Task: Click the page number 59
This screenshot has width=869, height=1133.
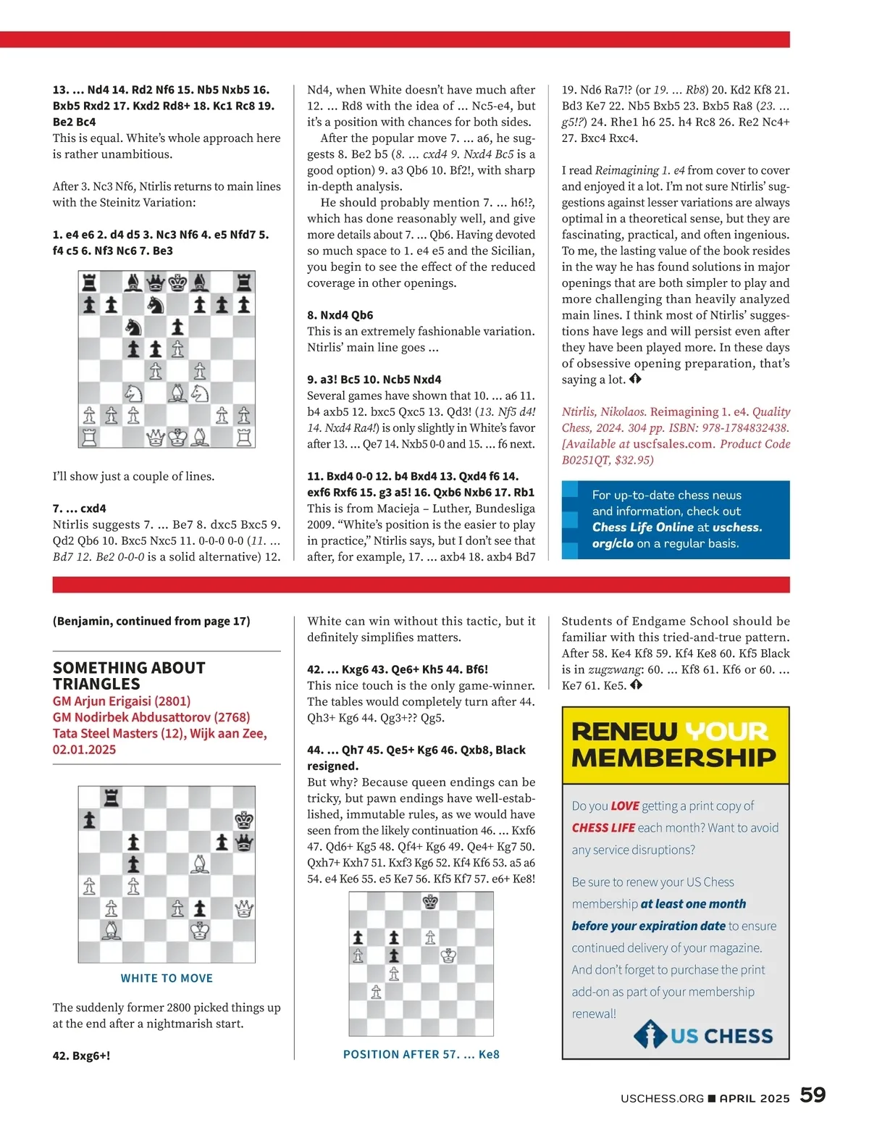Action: [x=813, y=1095]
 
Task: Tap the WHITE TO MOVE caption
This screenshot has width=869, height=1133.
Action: [x=167, y=978]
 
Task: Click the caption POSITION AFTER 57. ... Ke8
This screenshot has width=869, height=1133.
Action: [x=421, y=1054]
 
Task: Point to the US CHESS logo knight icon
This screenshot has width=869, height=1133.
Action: [x=650, y=1035]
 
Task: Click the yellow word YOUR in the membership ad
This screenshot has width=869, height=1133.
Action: [x=726, y=731]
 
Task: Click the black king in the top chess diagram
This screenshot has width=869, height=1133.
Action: [x=177, y=282]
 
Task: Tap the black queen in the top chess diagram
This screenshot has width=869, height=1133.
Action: [x=156, y=282]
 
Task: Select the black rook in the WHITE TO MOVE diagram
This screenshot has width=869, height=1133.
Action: [x=111, y=798]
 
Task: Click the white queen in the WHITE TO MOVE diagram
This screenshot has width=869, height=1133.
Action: [x=244, y=908]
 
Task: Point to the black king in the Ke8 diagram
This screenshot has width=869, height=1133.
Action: [x=430, y=902]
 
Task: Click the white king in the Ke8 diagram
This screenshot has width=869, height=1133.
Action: [x=448, y=956]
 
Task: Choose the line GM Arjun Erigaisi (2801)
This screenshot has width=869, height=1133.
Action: [x=121, y=701]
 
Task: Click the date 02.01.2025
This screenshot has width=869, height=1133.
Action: [x=84, y=749]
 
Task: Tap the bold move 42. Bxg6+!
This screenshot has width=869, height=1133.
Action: [x=81, y=1055]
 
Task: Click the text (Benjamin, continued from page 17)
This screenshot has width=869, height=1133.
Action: [x=151, y=621]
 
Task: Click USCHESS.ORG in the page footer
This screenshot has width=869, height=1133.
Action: [x=662, y=1098]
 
